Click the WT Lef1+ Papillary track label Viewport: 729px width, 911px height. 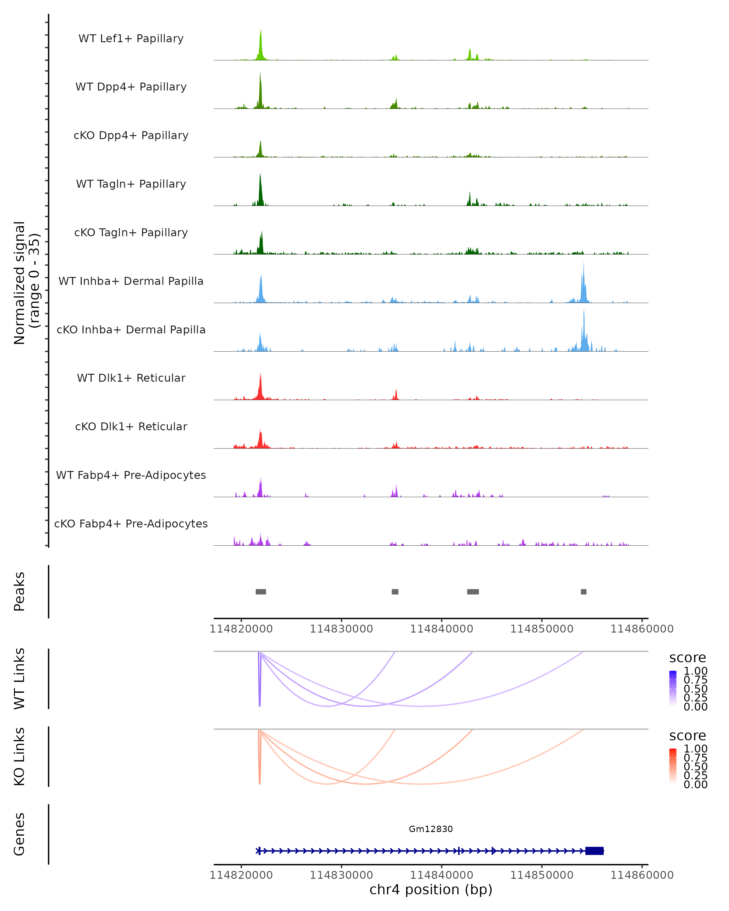[x=131, y=39]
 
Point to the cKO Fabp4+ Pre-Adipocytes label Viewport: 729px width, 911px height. [x=131, y=524]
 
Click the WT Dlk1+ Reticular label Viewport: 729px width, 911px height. [x=131, y=378]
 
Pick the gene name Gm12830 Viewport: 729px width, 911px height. [x=431, y=829]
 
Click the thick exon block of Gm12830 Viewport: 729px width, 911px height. [x=594, y=851]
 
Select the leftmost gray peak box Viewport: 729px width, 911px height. [x=261, y=592]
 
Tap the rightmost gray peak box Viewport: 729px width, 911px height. [x=584, y=592]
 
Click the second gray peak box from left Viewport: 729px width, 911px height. [x=395, y=592]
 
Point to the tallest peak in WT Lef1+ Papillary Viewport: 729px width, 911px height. [x=261, y=30]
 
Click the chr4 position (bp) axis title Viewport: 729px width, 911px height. [x=431, y=889]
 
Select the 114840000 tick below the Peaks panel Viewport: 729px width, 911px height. [x=442, y=629]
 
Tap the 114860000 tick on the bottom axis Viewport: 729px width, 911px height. [x=642, y=875]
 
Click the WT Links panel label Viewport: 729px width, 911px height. [x=19, y=679]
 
